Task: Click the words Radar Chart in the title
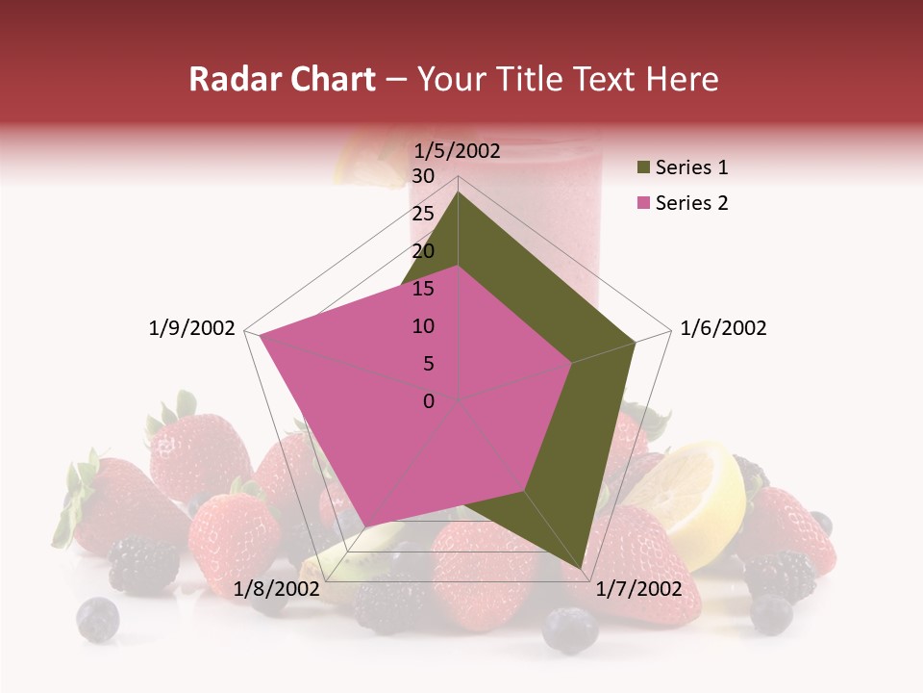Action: (282, 80)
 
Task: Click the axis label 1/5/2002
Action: (458, 150)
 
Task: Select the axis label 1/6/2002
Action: (723, 328)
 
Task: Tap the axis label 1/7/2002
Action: (638, 589)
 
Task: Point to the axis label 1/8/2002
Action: (277, 589)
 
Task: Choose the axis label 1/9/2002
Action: (192, 328)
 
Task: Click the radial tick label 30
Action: (423, 176)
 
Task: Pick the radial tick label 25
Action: (423, 214)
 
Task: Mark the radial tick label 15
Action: (423, 289)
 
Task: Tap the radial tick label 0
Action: (429, 401)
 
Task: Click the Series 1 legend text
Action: (691, 167)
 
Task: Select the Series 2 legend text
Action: (691, 203)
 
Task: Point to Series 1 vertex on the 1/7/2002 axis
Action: (582, 568)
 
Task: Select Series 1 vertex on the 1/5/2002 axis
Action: (458, 192)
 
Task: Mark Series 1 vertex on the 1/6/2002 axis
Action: (635, 342)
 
